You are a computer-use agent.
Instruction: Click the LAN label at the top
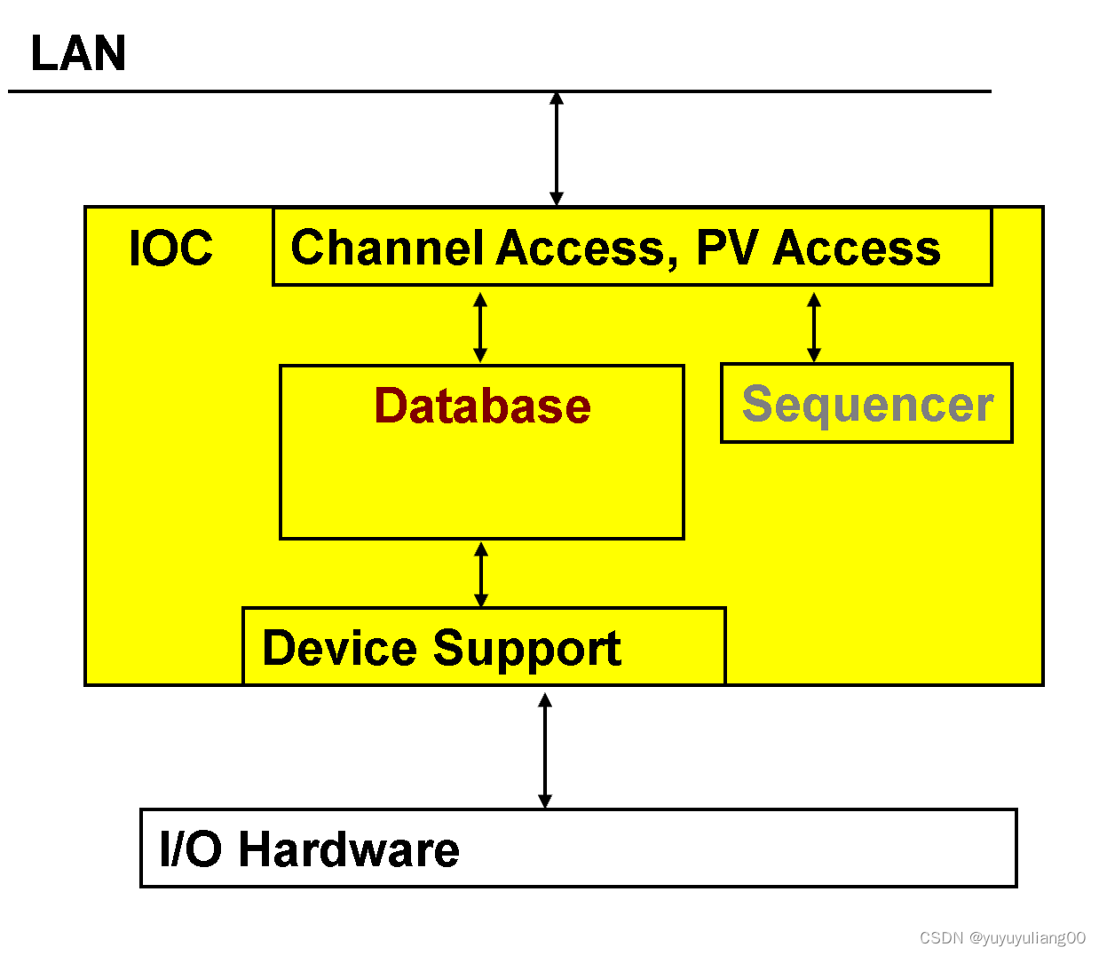pos(78,52)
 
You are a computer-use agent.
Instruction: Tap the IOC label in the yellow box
pos(170,248)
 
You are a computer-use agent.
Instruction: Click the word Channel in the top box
pos(387,247)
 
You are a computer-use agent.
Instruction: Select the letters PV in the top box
pos(727,247)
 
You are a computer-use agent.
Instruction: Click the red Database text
pos(482,406)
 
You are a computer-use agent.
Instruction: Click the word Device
pos(339,648)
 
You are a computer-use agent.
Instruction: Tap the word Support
pos(527,650)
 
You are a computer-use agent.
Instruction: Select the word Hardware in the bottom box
pos(349,848)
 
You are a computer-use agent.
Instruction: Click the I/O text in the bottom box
pos(191,848)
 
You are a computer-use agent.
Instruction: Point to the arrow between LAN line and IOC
pos(557,149)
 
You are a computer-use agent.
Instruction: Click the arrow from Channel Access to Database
pos(480,328)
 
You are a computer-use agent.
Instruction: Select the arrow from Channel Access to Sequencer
pos(814,328)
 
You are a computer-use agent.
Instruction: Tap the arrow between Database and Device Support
pos(481,574)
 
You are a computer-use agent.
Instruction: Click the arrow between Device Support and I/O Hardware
pos(545,750)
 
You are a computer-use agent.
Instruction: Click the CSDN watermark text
pos(1002,937)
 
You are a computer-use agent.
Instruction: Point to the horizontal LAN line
pos(500,91)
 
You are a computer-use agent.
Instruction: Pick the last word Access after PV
pos(857,247)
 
